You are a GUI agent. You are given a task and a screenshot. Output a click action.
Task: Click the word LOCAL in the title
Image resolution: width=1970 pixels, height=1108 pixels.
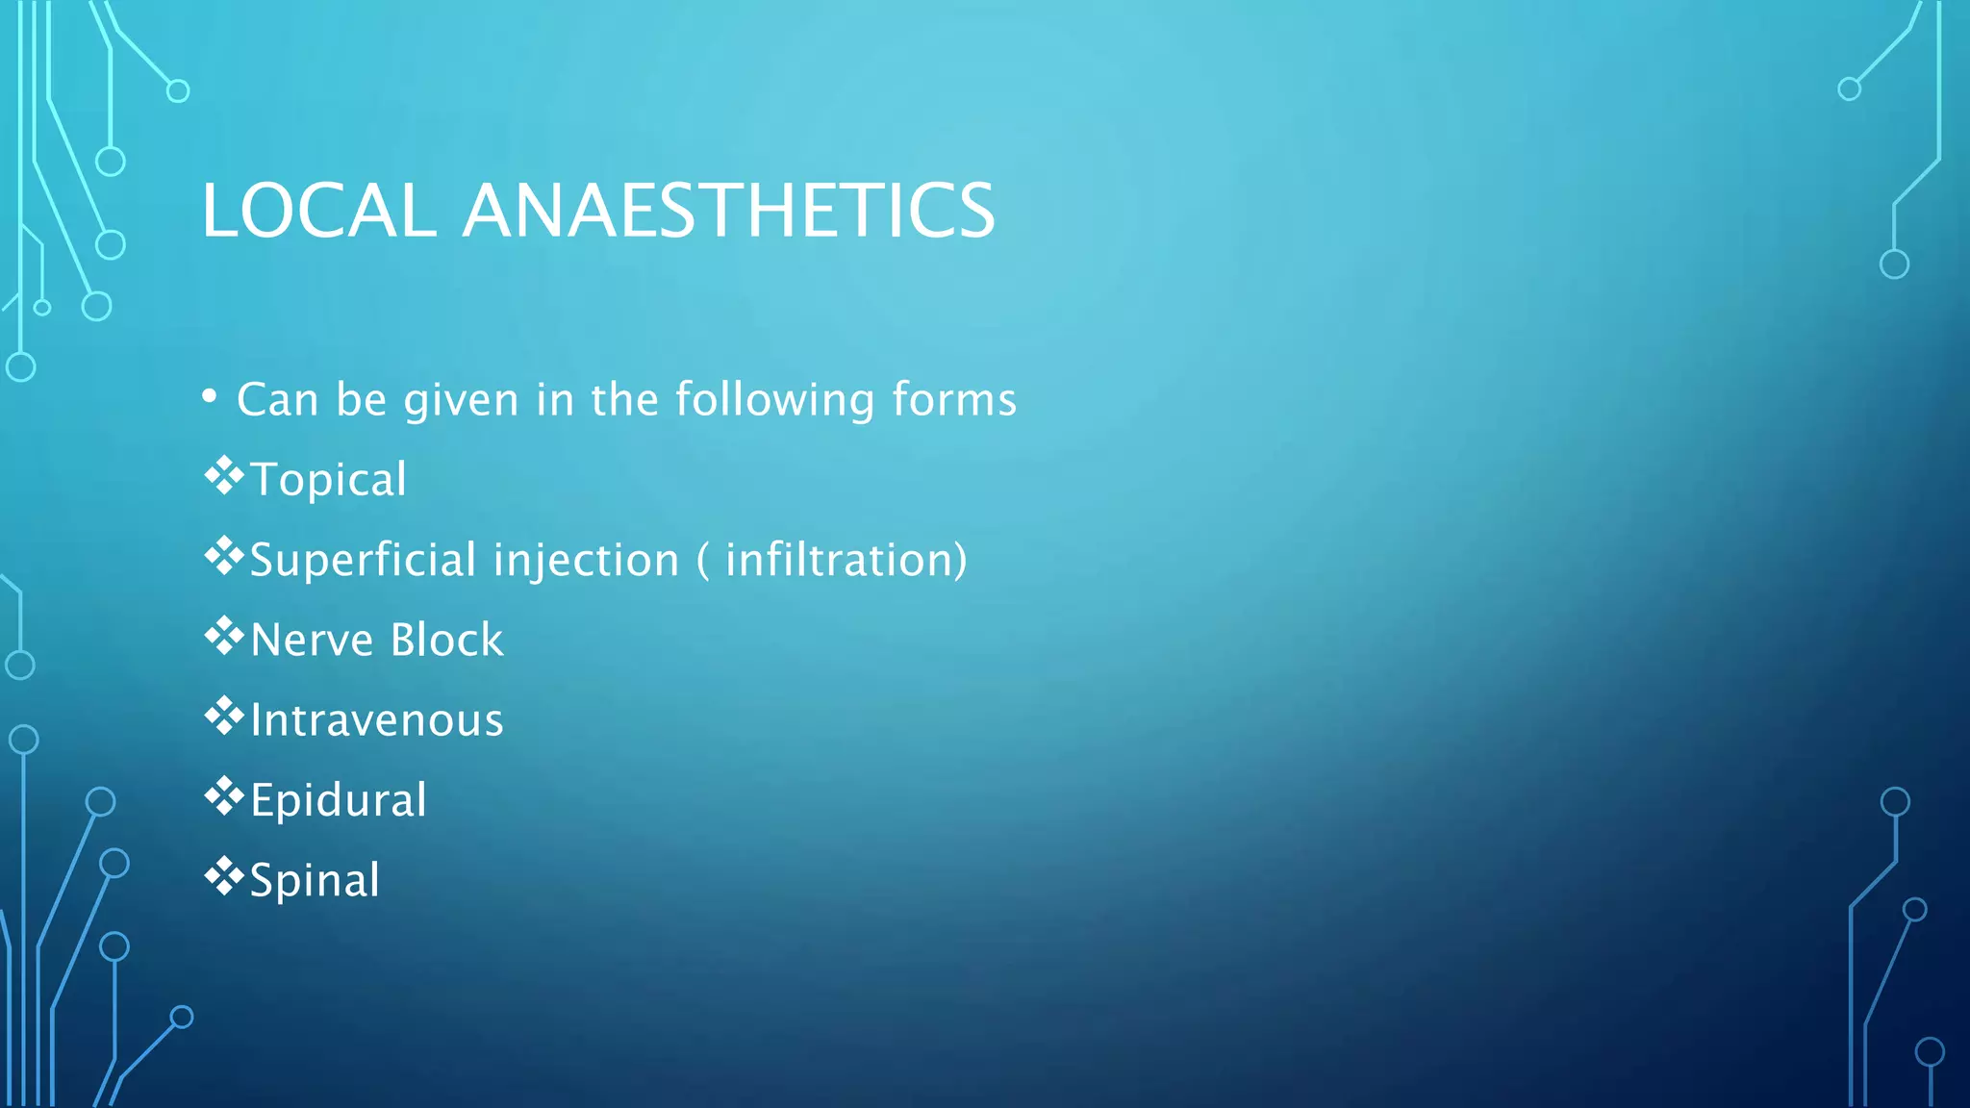(x=318, y=211)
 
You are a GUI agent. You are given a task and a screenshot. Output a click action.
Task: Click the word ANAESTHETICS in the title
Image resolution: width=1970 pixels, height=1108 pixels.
(x=728, y=211)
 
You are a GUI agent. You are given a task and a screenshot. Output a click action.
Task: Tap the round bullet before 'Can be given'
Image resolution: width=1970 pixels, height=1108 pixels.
(x=210, y=396)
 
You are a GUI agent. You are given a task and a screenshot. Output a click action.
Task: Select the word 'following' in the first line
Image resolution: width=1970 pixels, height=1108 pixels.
(x=775, y=399)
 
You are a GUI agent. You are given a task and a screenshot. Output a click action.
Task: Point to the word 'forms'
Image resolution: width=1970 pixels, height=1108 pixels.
(x=953, y=399)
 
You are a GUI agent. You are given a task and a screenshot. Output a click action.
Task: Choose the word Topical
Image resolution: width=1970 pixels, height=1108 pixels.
(x=328, y=480)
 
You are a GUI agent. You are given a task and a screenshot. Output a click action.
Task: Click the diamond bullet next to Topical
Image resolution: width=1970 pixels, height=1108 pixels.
(x=223, y=476)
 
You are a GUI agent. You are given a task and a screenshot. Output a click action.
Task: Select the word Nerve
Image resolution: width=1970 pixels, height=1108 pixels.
(x=311, y=641)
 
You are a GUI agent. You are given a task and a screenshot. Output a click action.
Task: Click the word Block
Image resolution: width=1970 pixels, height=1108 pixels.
(x=446, y=641)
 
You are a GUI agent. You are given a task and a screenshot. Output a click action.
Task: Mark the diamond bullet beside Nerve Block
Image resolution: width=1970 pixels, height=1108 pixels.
(x=223, y=636)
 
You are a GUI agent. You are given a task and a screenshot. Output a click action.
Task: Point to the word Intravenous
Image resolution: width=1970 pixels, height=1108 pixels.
(x=376, y=720)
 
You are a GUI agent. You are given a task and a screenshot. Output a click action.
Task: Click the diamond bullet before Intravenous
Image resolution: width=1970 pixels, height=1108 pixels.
(x=223, y=717)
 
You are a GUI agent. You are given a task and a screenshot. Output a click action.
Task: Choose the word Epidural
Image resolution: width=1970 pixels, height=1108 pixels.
(x=338, y=800)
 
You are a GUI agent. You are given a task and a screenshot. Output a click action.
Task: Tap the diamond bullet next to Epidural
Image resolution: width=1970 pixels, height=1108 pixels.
(x=223, y=796)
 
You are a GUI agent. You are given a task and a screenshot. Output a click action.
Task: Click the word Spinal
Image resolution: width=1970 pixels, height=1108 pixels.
(x=315, y=881)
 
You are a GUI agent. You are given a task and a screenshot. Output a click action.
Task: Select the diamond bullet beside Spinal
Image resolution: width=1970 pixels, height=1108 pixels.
(x=223, y=876)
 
